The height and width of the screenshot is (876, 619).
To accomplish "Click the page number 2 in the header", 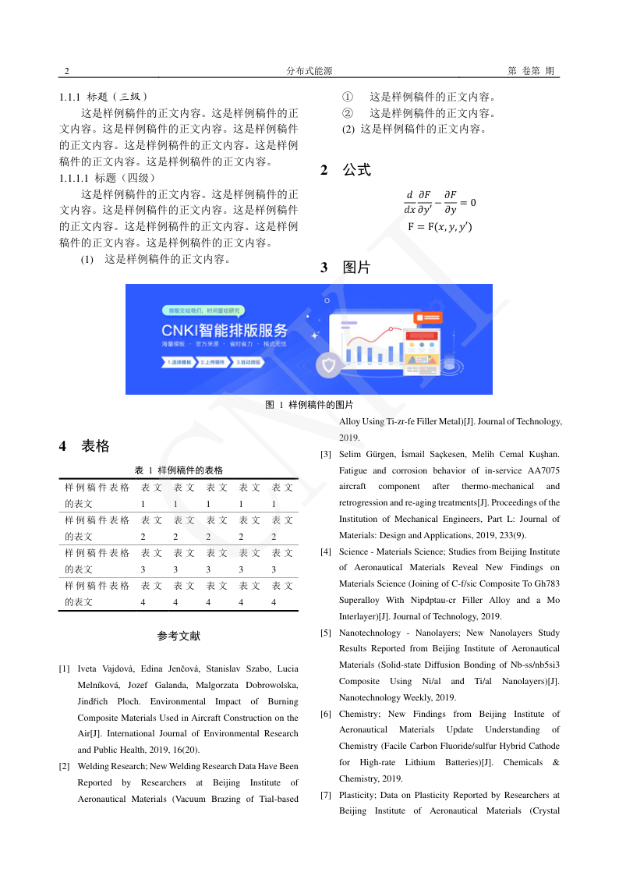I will pyautogui.click(x=67, y=71).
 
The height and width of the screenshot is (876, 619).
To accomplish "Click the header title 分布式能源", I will pyautogui.click(x=309, y=71).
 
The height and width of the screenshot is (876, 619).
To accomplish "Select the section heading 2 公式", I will pyautogui.click(x=345, y=170).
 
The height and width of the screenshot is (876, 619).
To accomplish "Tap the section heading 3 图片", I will pyautogui.click(x=345, y=268).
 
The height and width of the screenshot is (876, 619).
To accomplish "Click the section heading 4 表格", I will pyautogui.click(x=84, y=446).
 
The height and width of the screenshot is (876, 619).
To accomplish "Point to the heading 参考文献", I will pyautogui.click(x=179, y=636).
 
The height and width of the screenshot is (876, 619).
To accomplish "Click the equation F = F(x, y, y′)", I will pyautogui.click(x=440, y=227).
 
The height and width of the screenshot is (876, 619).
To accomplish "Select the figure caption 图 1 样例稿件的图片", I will pyautogui.click(x=309, y=405).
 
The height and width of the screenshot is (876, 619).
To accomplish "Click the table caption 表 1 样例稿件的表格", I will pyautogui.click(x=179, y=470).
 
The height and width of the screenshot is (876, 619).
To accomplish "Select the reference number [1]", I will pyautogui.click(x=65, y=669).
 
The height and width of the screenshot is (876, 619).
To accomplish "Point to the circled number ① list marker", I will pyautogui.click(x=348, y=98).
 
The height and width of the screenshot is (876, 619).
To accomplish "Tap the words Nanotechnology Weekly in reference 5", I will pyautogui.click(x=379, y=697).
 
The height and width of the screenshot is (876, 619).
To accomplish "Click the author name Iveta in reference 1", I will pyautogui.click(x=89, y=669).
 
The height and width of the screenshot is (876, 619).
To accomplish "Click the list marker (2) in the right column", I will pyautogui.click(x=348, y=129).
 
